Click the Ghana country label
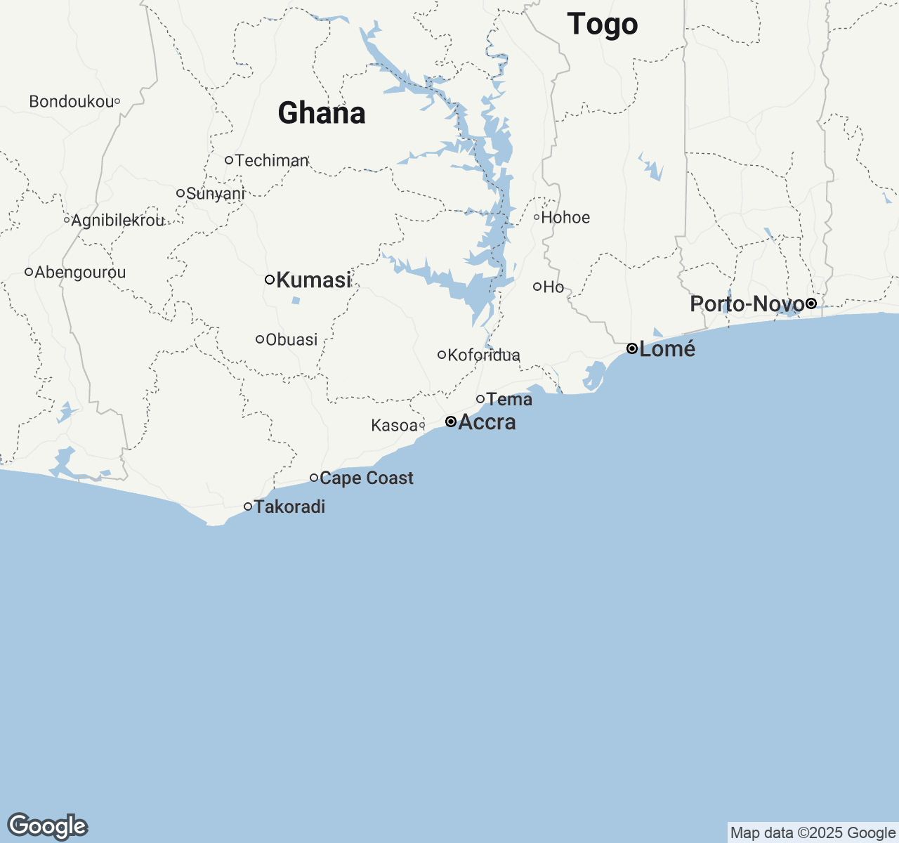(322, 113)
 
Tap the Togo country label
(603, 25)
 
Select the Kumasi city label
(313, 280)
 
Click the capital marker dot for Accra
(451, 421)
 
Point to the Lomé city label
(667, 348)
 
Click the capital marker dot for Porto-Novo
(811, 303)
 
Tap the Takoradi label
(289, 507)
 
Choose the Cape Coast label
(367, 478)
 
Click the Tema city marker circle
(480, 399)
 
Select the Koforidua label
(484, 355)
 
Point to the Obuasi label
(291, 339)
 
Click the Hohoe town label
(565, 217)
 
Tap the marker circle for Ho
(537, 286)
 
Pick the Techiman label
(272, 160)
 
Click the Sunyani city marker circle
(181, 193)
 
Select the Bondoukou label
(71, 102)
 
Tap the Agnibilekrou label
(118, 221)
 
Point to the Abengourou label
(80, 272)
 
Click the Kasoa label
(394, 426)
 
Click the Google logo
(47, 826)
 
